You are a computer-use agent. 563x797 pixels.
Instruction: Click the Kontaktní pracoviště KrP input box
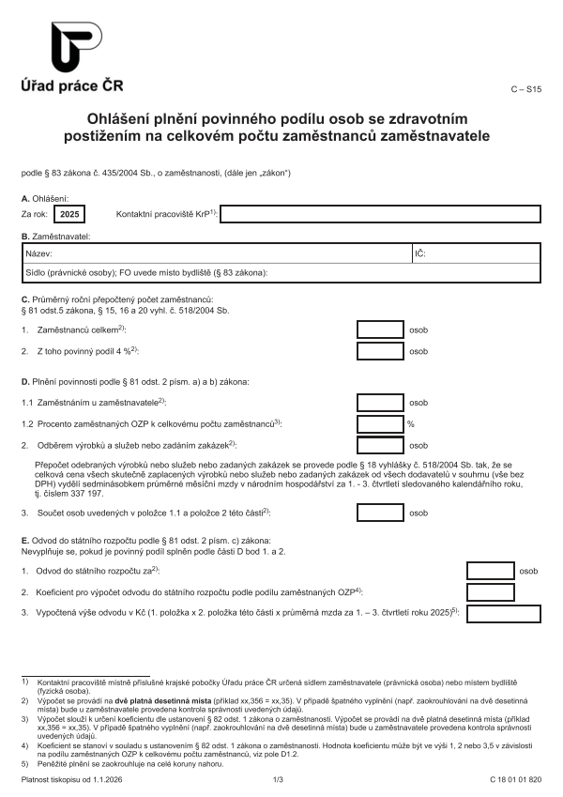click(x=380, y=214)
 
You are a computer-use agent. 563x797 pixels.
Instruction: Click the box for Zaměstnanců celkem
click(x=380, y=330)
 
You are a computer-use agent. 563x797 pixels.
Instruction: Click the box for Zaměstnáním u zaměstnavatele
click(x=380, y=402)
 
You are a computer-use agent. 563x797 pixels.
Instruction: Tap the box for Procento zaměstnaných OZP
click(x=380, y=423)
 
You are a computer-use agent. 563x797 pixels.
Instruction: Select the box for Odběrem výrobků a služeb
click(x=380, y=445)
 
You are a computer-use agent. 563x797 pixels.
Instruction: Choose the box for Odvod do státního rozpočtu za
click(x=490, y=570)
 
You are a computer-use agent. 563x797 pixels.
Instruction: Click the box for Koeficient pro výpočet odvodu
click(x=490, y=592)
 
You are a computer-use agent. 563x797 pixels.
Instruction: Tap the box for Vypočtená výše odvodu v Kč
click(x=503, y=614)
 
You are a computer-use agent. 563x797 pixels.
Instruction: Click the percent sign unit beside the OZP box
click(x=411, y=423)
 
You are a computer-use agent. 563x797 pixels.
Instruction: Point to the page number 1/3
click(x=278, y=780)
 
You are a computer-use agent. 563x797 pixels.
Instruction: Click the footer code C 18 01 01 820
click(x=515, y=780)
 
